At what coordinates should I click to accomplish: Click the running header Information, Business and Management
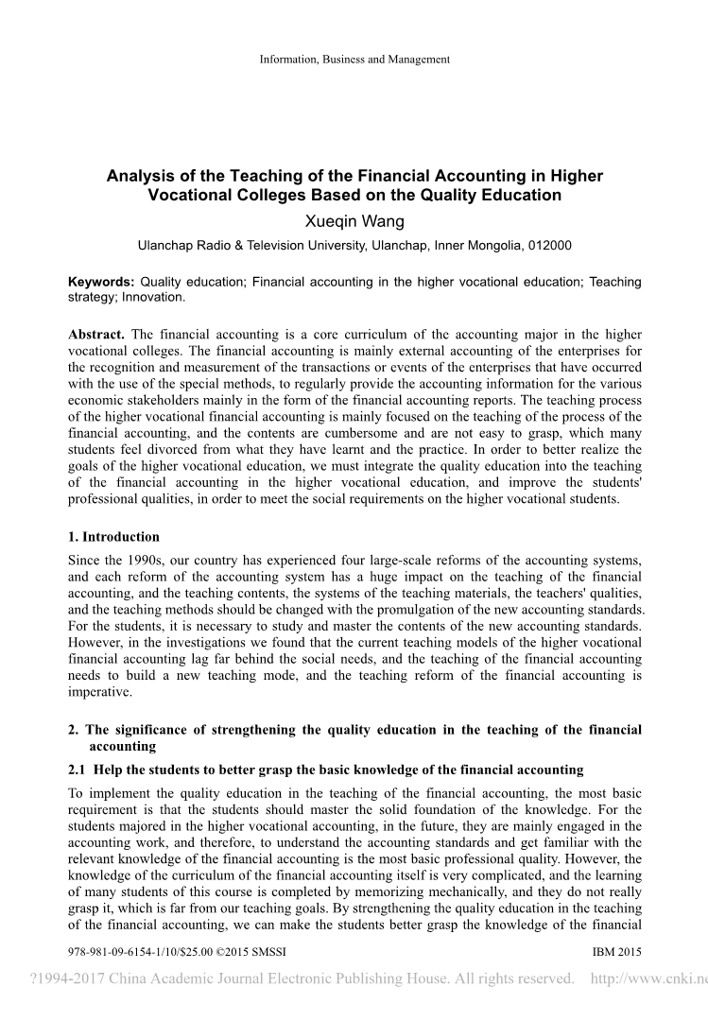point(354,60)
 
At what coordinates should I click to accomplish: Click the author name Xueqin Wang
point(354,222)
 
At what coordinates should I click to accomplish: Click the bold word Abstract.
point(96,335)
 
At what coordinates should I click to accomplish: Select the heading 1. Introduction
point(114,537)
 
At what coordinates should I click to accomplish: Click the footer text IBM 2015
point(616,951)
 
